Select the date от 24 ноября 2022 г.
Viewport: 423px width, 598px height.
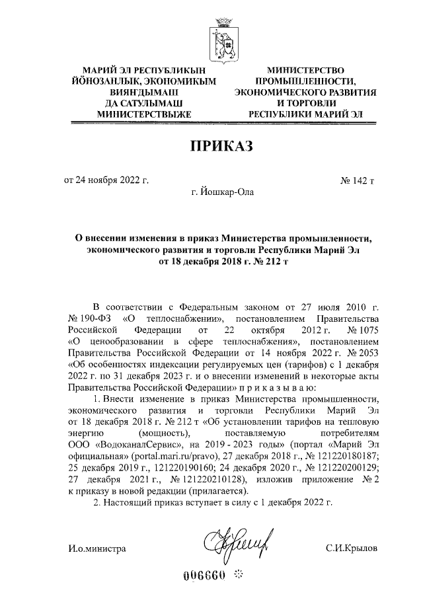[106, 179]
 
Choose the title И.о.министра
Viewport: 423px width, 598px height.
[96, 548]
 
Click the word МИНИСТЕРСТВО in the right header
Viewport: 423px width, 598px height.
[306, 69]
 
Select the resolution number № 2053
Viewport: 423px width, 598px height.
[362, 352]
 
